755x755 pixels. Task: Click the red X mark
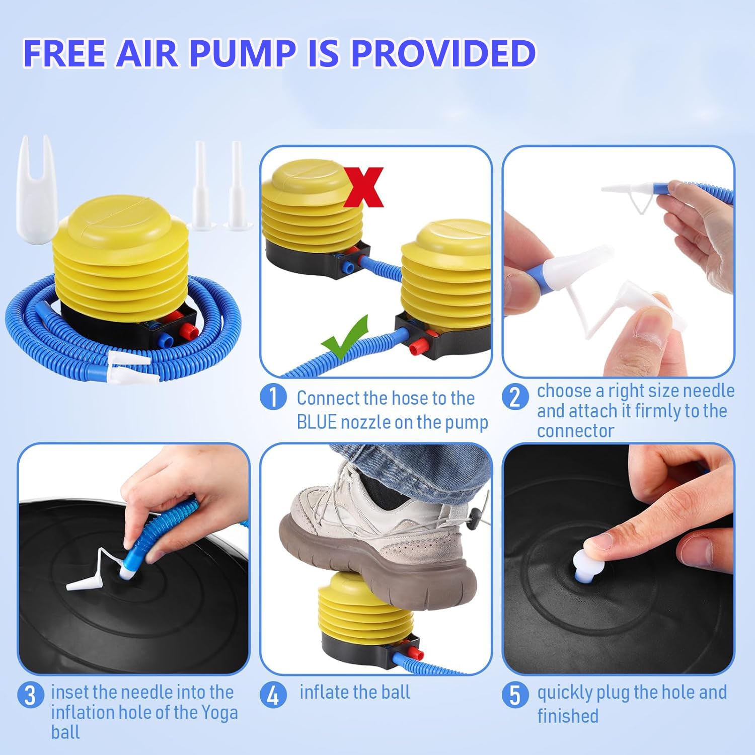point(364,187)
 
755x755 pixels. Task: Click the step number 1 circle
point(273,398)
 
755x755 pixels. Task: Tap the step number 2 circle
point(515,397)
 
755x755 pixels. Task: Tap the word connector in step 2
point(575,431)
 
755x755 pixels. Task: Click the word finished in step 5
point(568,716)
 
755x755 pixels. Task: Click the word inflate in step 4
point(324,692)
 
